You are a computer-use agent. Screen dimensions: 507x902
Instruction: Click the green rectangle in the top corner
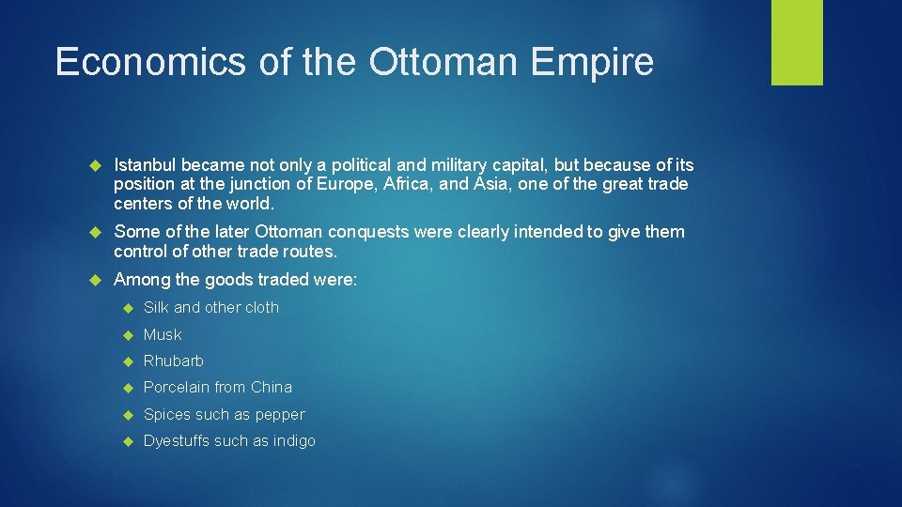point(797,42)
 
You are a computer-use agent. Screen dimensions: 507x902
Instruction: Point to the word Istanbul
point(145,165)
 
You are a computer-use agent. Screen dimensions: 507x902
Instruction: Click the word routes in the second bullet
point(309,252)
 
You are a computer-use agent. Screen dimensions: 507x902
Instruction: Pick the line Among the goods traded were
point(235,280)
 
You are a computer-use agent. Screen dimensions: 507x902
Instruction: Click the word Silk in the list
point(156,308)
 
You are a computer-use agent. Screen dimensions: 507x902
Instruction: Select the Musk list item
point(163,334)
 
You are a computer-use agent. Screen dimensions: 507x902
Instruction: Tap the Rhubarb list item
point(173,361)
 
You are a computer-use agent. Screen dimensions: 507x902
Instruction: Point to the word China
point(272,388)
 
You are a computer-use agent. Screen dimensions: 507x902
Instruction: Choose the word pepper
point(280,415)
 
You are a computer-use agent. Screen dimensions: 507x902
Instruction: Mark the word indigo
point(293,441)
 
